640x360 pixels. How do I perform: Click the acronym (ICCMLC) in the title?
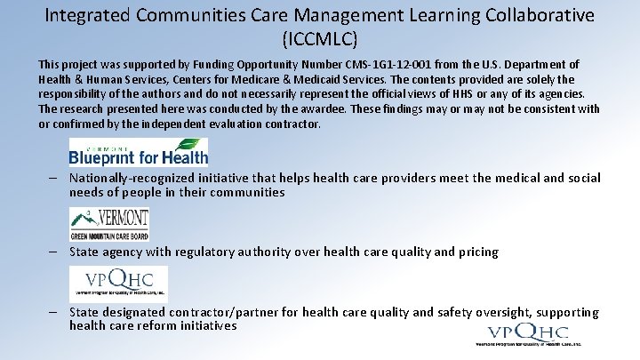(x=320, y=39)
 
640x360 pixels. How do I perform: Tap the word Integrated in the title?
(x=86, y=15)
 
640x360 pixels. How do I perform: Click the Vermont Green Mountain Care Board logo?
(x=108, y=223)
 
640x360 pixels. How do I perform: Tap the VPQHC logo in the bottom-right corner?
(x=528, y=334)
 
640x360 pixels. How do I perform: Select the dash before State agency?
(x=54, y=252)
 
